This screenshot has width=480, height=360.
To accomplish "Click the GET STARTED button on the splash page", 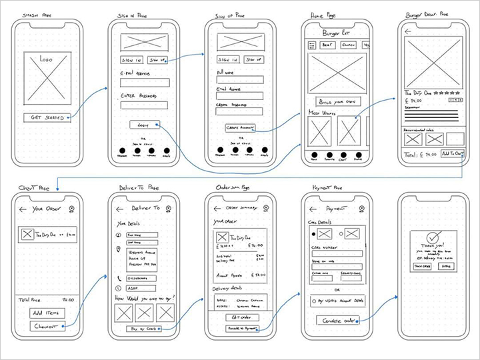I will tap(48, 118).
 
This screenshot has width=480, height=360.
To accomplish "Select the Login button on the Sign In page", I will tap(144, 125).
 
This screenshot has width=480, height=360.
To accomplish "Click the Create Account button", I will tap(240, 127).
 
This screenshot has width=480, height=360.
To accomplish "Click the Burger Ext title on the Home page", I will tap(335, 33).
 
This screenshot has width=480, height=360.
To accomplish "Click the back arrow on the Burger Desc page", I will tap(408, 31).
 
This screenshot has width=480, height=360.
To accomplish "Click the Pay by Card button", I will tap(144, 329).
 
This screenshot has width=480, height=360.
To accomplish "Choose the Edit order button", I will tap(240, 317).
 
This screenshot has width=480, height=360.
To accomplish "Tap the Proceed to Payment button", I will tap(240, 329).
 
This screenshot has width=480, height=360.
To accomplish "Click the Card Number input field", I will tap(337, 253).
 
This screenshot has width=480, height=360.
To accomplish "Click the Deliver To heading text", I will tap(145, 209).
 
